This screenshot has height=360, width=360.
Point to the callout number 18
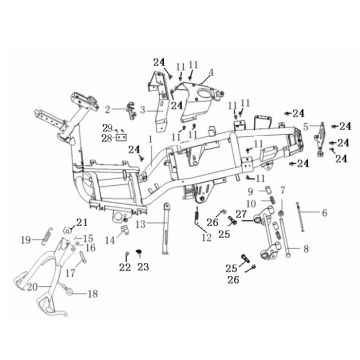(x=93, y=294)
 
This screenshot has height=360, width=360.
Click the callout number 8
(x=306, y=247)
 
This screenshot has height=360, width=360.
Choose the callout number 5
(x=306, y=126)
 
